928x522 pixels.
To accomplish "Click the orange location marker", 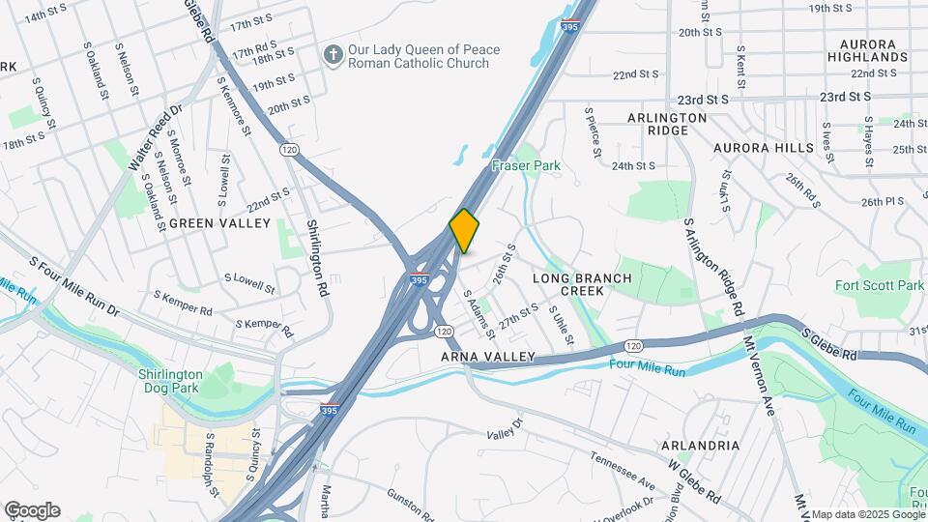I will [x=464, y=231].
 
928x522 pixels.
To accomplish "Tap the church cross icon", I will [x=333, y=55].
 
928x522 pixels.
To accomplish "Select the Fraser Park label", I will [x=526, y=166].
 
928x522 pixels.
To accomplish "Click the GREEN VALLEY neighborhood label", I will [x=219, y=223].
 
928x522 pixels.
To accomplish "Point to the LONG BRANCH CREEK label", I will [x=582, y=284].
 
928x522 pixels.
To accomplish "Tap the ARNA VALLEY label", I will [x=488, y=357].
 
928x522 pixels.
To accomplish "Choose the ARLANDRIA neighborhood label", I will [x=701, y=446].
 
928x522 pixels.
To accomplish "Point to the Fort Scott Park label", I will [x=880, y=285].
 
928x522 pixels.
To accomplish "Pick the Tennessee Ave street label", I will [x=623, y=471].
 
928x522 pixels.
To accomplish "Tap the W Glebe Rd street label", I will [x=694, y=481].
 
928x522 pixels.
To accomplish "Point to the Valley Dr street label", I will [x=504, y=428].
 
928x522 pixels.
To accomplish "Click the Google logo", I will [x=32, y=510].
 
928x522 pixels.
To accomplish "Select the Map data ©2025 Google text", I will [x=867, y=514].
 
